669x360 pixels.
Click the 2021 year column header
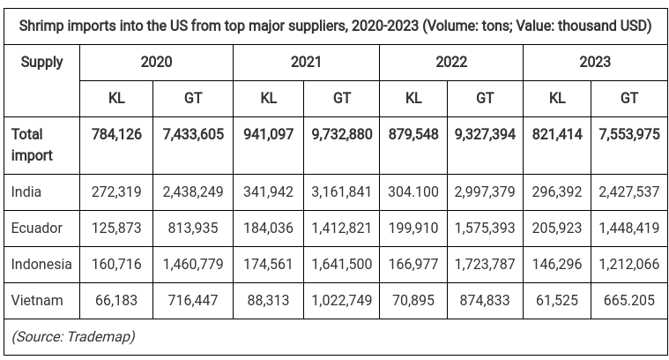[x=306, y=62]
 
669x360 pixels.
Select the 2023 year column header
[x=595, y=62]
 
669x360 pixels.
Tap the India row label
[x=26, y=191]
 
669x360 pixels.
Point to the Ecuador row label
[x=37, y=228]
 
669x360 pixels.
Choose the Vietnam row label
[x=37, y=300]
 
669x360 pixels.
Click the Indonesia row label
[x=41, y=264]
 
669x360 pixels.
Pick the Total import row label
[x=32, y=145]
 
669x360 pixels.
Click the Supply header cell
[x=41, y=62]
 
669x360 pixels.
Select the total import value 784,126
[x=117, y=134]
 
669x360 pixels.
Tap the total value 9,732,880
[x=341, y=134]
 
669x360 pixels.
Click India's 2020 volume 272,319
[x=117, y=191]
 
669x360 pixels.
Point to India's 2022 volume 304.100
[x=413, y=191]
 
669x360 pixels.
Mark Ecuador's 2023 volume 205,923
[x=558, y=228]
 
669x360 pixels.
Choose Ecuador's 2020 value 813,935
[x=193, y=228]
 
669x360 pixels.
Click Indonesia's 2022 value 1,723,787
[x=485, y=264]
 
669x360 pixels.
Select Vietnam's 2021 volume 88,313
[x=270, y=300]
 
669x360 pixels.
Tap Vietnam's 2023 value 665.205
[x=628, y=300]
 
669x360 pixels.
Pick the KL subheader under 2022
[x=413, y=98]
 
